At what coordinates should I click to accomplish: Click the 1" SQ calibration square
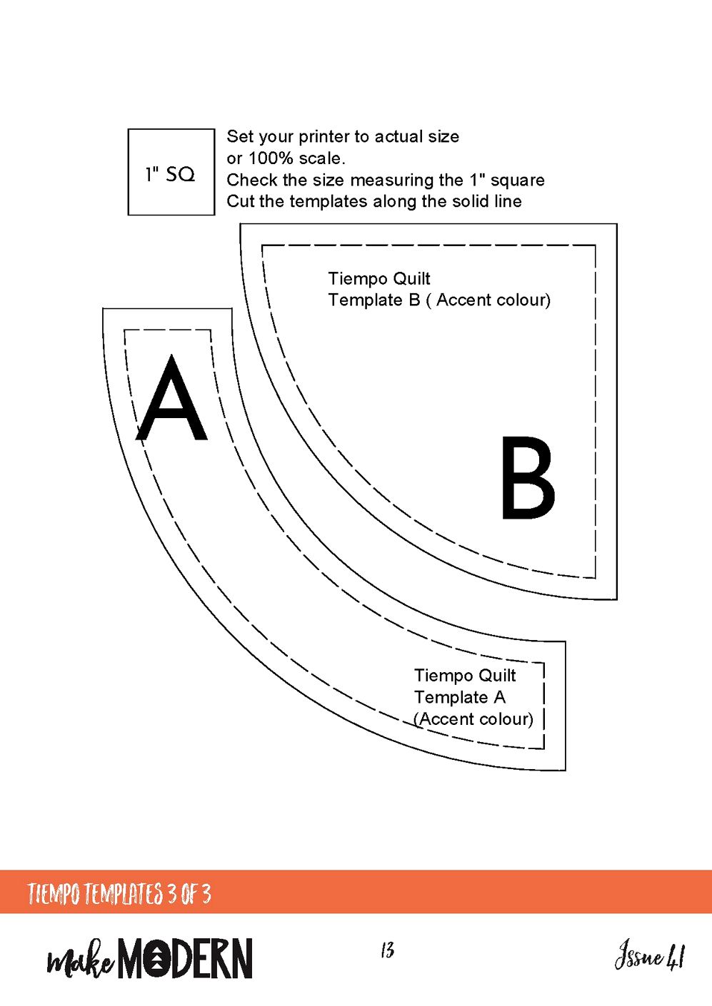171,172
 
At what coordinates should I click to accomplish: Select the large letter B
527,478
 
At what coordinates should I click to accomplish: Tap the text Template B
373,300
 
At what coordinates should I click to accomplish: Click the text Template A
459,697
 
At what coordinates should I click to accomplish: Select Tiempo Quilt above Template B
379,278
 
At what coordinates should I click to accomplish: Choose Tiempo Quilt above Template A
465,675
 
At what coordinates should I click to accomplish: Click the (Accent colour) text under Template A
473,719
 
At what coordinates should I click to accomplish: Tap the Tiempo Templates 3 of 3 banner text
119,893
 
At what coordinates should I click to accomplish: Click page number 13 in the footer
387,950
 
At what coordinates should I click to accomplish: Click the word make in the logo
80,962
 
